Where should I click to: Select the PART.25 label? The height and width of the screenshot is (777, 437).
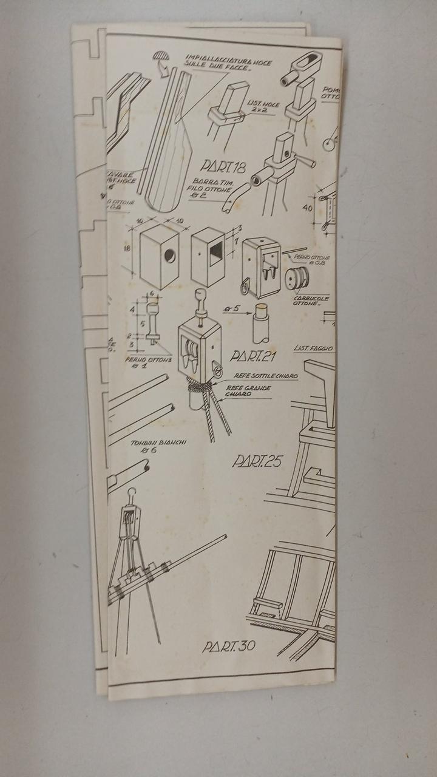257,461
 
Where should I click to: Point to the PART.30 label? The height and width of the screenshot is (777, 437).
229,646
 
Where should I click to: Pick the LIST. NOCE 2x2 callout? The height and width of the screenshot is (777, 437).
263,108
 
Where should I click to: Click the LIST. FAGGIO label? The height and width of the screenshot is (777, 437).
314,348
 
